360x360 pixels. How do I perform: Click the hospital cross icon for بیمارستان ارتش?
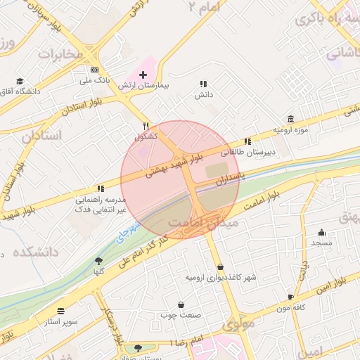pyautogui.click(x=143, y=74)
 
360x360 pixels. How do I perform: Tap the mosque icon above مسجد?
pyautogui.click(x=322, y=233)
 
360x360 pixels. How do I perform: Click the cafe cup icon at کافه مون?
pyautogui.click(x=291, y=297)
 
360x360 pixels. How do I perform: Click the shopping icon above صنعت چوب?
pyautogui.click(x=182, y=305)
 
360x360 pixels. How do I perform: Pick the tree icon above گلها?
pyautogui.click(x=98, y=261)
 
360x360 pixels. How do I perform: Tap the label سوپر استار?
pyautogui.click(x=62, y=321)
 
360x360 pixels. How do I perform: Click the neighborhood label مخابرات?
pyautogui.click(x=60, y=53)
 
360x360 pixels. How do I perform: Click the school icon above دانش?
pyautogui.click(x=204, y=84)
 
